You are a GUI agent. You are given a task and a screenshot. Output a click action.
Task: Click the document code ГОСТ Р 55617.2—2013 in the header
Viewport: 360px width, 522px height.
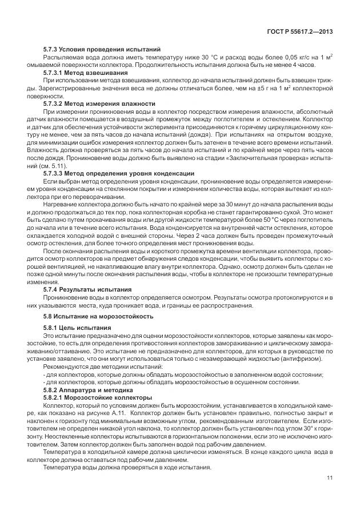tap(301, 32)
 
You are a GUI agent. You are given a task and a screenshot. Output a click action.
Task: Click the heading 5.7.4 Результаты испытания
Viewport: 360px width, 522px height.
tap(87, 289)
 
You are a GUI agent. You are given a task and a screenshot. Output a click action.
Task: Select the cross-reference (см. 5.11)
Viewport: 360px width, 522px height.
tap(51, 165)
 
